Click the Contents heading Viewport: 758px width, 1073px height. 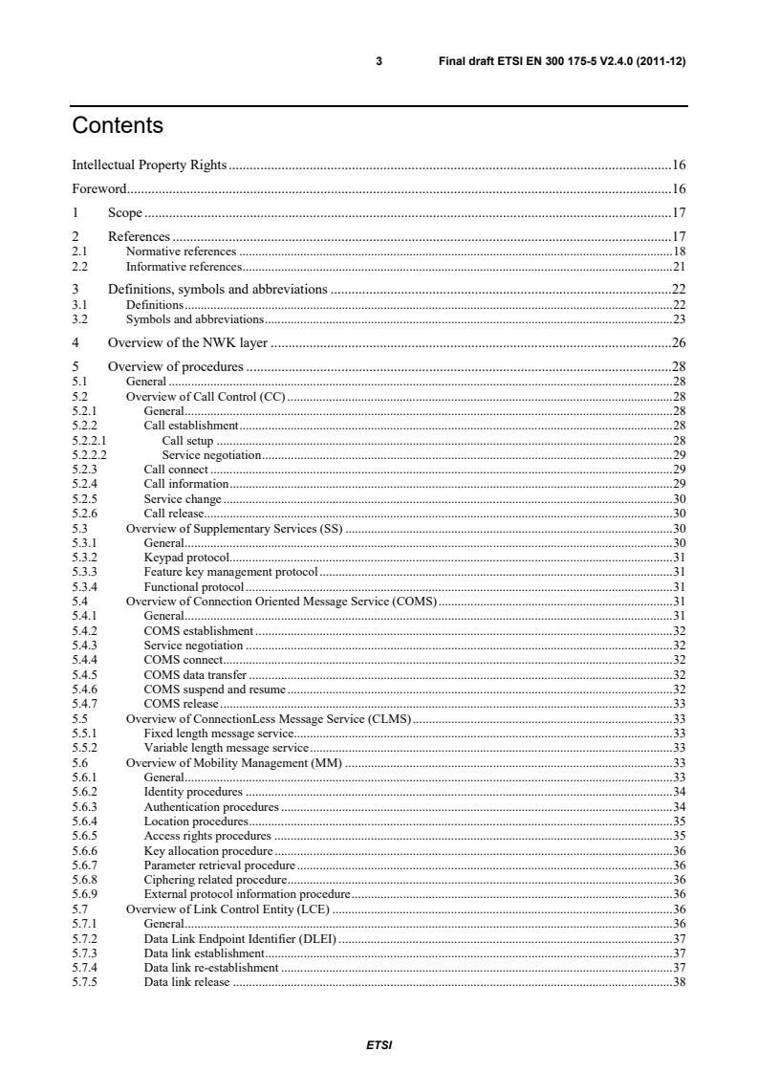(x=118, y=125)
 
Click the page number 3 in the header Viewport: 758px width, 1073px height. (x=379, y=61)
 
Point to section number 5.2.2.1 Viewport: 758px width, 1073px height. (x=88, y=441)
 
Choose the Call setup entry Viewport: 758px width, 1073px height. (x=187, y=441)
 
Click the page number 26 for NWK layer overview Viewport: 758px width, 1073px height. (x=678, y=341)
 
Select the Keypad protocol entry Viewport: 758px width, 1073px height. (x=186, y=555)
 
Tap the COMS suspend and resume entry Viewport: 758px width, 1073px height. (x=214, y=688)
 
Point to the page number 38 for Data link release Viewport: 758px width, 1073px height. (x=680, y=982)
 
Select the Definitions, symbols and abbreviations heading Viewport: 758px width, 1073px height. (x=218, y=288)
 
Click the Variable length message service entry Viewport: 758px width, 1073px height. (x=226, y=746)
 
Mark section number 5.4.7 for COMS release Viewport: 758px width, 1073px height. (x=84, y=703)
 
